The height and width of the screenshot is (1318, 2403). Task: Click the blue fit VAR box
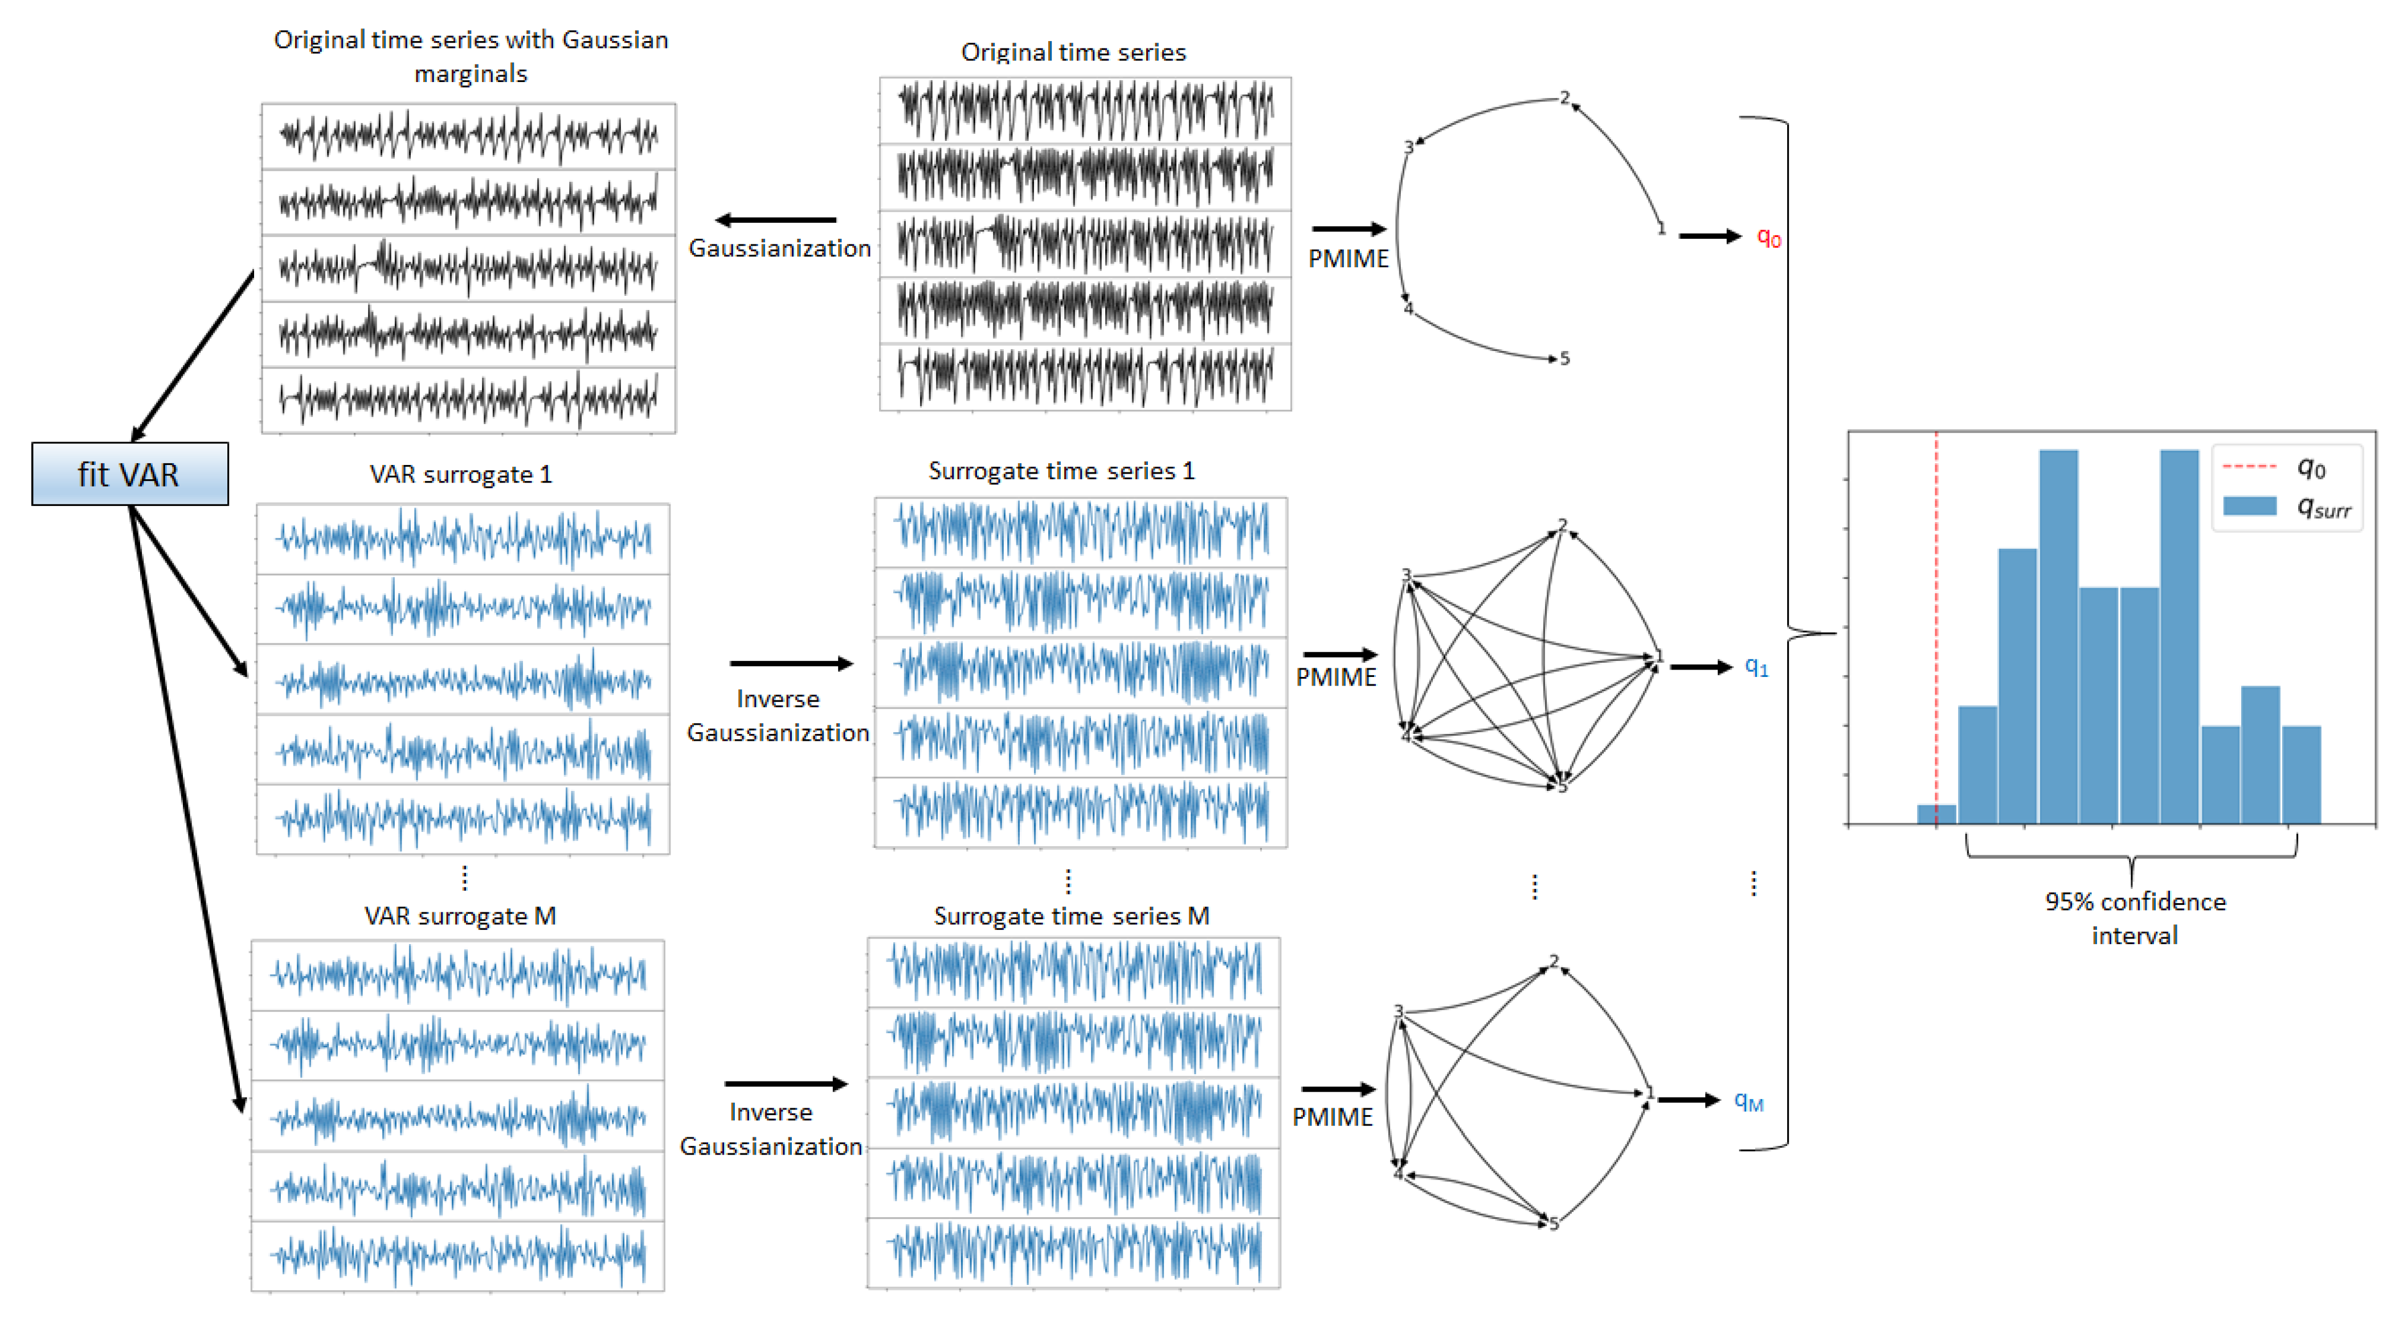point(130,474)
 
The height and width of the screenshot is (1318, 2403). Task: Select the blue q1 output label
point(1756,666)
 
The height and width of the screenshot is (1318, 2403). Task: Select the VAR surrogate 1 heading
point(461,474)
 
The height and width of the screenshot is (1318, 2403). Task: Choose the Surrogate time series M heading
point(1071,915)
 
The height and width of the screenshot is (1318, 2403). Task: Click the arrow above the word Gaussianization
point(775,220)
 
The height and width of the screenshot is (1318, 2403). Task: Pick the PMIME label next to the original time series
point(1348,258)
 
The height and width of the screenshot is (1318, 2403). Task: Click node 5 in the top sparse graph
point(1564,358)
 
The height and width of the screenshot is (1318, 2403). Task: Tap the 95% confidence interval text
point(2134,918)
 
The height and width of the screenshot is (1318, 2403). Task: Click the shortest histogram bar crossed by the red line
point(1936,814)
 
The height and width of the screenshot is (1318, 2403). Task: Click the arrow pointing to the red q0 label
point(1709,236)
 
